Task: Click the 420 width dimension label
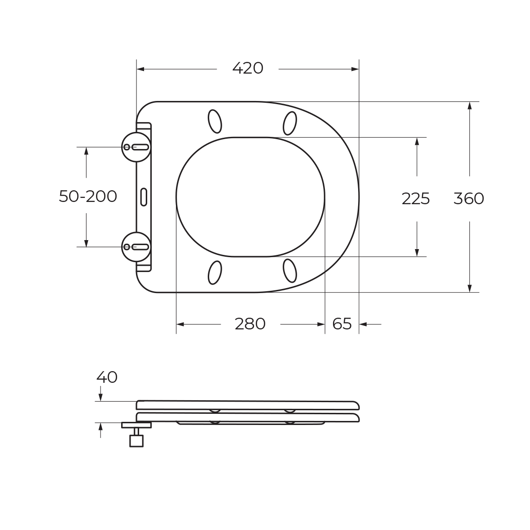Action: [x=248, y=68]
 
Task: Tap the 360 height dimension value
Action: [x=469, y=198]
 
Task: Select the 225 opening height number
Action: [x=416, y=199]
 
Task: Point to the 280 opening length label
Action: [x=250, y=324]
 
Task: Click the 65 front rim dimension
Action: [x=342, y=324]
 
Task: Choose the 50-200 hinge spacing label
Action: [x=88, y=196]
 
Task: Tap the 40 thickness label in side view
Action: [x=107, y=377]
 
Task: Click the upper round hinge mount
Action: [x=136, y=147]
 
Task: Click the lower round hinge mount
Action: [x=136, y=247]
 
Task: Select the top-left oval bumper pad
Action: [x=215, y=121]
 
